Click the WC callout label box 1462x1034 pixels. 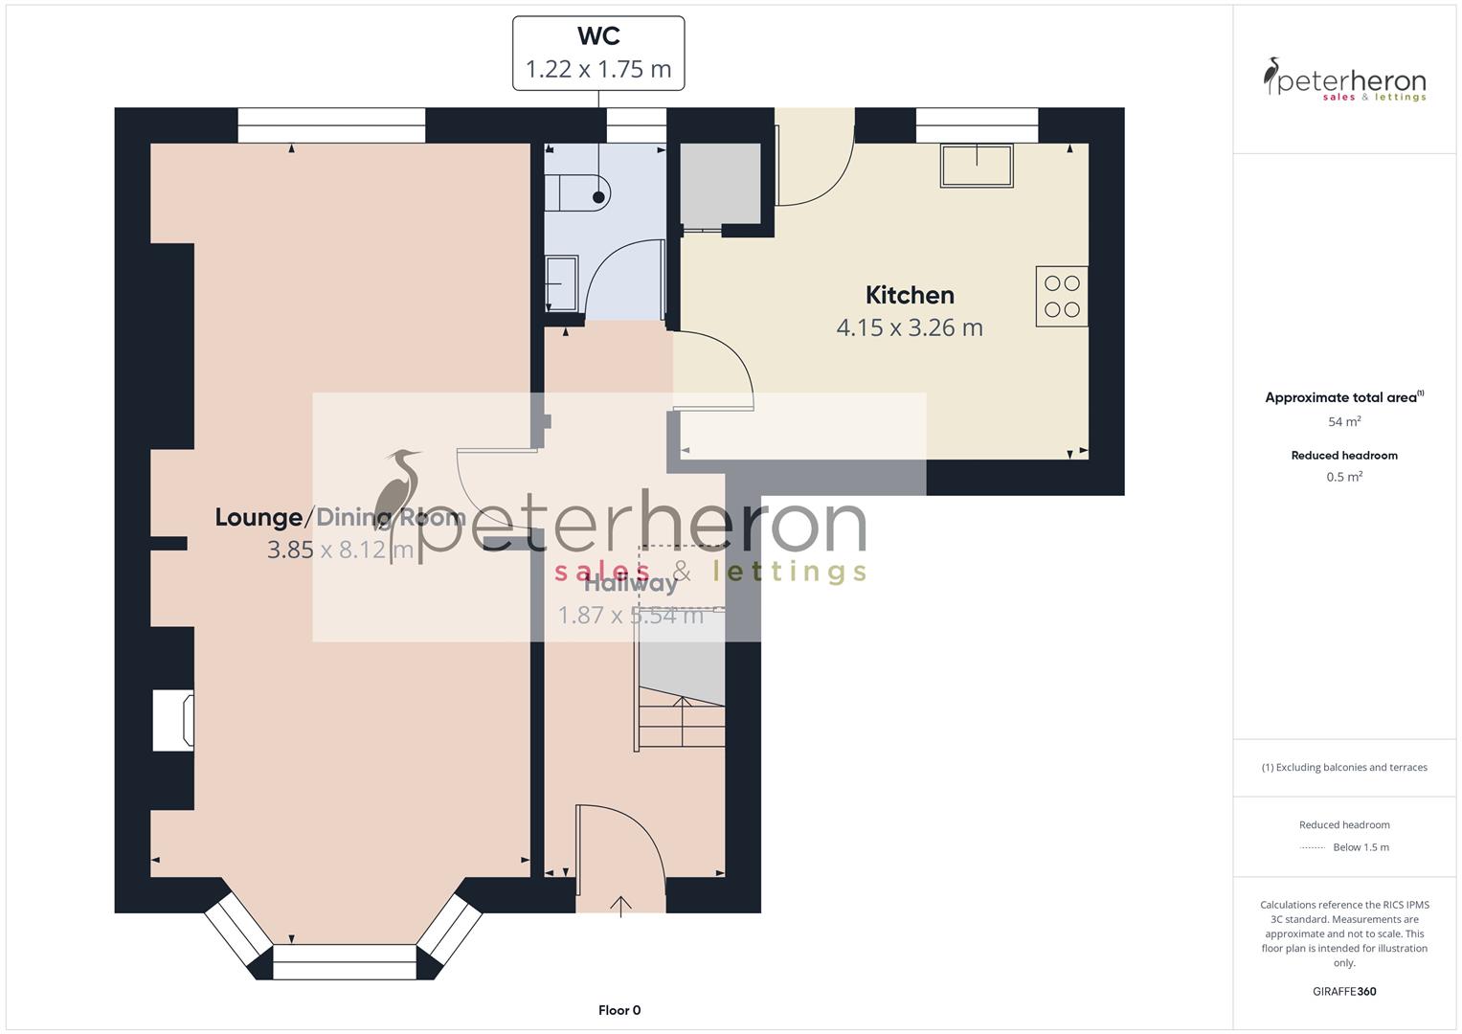click(x=598, y=54)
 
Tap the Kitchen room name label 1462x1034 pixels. click(x=910, y=295)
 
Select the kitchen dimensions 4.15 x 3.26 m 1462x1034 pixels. click(x=910, y=327)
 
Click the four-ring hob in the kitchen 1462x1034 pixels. click(x=1062, y=297)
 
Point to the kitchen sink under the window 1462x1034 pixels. click(x=977, y=166)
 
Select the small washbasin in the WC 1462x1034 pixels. click(x=561, y=283)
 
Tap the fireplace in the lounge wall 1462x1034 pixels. click(x=174, y=721)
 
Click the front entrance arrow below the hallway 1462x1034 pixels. click(x=621, y=906)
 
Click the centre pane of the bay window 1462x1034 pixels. click(x=345, y=961)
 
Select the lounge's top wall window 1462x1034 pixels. click(x=331, y=125)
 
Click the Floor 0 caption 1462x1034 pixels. click(x=619, y=1010)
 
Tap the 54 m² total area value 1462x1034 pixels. click(x=1344, y=421)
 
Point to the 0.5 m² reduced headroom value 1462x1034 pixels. click(x=1344, y=477)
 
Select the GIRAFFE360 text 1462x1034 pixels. click(x=1344, y=991)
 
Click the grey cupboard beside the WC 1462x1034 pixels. click(x=720, y=184)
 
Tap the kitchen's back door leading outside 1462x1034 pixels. click(x=814, y=158)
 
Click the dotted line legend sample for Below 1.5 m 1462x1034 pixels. click(x=1313, y=847)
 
